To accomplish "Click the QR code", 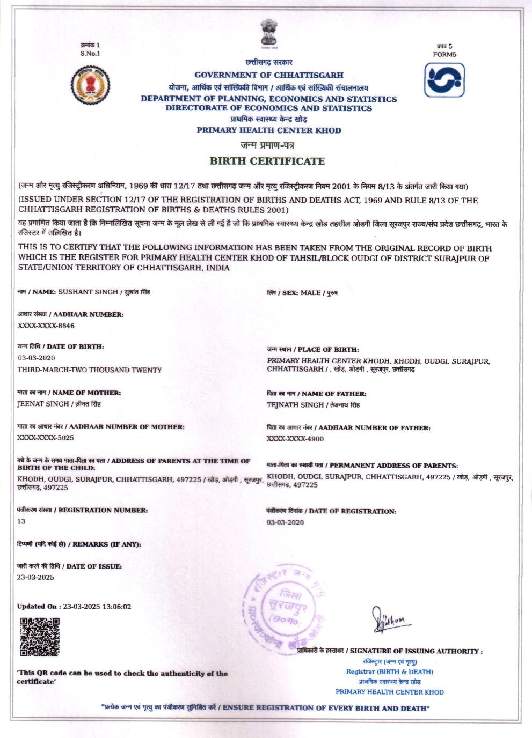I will click(x=39, y=637).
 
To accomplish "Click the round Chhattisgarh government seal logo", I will click(x=90, y=85).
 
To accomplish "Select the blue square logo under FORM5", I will click(x=444, y=80).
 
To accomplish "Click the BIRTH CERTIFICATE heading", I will click(x=267, y=161).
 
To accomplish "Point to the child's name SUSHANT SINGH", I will click(x=88, y=292).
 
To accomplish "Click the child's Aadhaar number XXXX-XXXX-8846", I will click(x=46, y=326).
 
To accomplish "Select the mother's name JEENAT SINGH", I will click(x=43, y=404).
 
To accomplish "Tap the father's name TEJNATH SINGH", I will click(x=295, y=405).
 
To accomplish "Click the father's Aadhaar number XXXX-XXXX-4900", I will click(x=295, y=439).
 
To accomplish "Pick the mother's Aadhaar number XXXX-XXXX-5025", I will click(x=46, y=438).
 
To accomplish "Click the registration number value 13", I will click(x=21, y=521).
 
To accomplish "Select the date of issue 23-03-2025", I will click(x=35, y=578).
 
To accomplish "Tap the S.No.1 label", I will click(x=90, y=53).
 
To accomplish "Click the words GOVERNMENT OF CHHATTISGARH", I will click(x=269, y=75).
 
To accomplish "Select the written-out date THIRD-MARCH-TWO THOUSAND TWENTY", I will click(x=89, y=370).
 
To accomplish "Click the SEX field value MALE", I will click(x=311, y=293).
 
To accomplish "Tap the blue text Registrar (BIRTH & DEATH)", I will click(x=390, y=671).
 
